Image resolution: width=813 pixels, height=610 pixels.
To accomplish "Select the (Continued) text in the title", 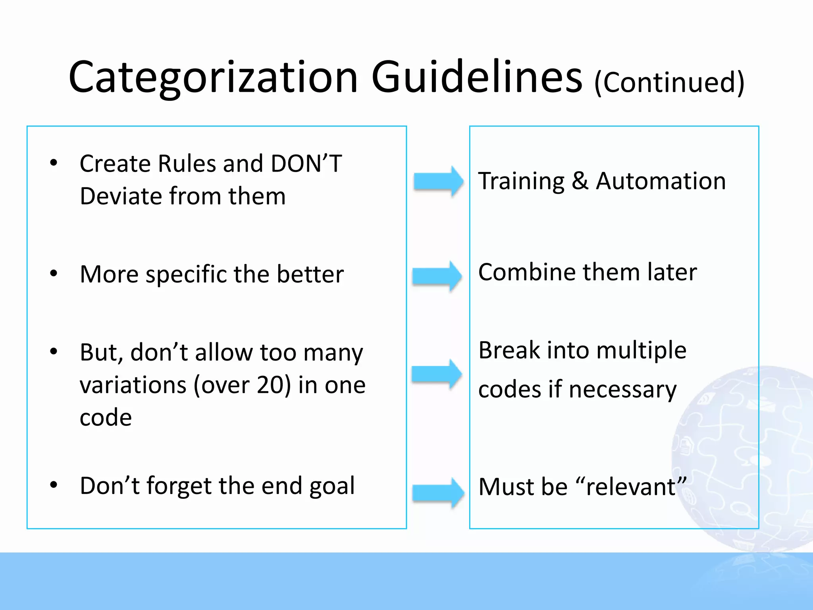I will click(x=669, y=82).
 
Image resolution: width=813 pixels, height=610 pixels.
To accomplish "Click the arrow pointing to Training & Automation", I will click(x=438, y=181).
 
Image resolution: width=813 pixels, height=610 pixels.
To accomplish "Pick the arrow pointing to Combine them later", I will click(x=437, y=276).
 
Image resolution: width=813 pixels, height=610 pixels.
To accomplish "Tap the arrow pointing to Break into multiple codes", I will click(x=436, y=374).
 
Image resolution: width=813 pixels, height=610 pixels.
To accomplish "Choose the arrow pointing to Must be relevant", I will click(x=438, y=493).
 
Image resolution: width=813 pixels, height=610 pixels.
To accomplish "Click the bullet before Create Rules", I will click(x=54, y=163).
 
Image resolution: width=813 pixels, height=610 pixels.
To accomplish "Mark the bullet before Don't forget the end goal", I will click(x=54, y=485).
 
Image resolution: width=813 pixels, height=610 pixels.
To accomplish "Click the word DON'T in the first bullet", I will click(x=306, y=163).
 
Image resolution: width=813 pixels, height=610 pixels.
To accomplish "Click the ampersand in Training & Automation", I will click(x=580, y=181).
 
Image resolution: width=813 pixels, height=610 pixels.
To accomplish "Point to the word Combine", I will click(x=527, y=272).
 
